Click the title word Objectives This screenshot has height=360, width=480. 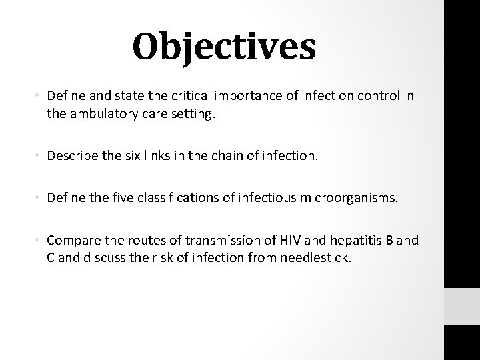223,47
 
